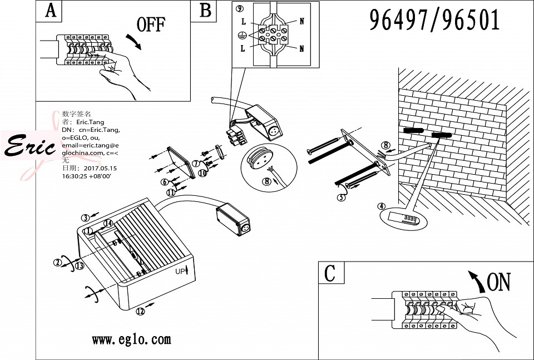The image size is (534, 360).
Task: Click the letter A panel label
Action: (51, 11)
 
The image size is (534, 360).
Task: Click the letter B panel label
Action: (205, 11)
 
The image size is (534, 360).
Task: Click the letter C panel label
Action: (330, 273)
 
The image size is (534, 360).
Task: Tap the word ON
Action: (498, 282)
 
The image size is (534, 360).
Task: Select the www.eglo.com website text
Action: (131, 339)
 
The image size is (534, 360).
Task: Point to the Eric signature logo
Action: (31, 146)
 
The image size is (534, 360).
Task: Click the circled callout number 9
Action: (240, 9)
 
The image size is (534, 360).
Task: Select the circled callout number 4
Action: (381, 206)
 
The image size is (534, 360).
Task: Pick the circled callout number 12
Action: (140, 311)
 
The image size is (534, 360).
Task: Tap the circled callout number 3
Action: (85, 218)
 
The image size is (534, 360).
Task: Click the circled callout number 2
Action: (57, 263)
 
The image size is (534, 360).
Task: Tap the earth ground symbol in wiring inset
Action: (242, 36)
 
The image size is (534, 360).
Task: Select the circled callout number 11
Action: (170, 192)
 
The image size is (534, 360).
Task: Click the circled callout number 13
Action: (80, 266)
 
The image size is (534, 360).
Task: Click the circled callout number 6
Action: (165, 182)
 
